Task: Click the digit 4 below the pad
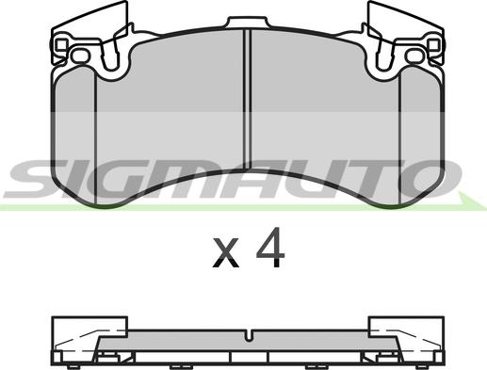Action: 270,248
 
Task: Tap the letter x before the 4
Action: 225,253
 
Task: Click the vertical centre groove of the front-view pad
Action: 248,100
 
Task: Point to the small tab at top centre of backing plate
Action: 248,23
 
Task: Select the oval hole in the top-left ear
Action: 80,56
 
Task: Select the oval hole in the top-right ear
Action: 415,56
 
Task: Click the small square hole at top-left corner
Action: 61,44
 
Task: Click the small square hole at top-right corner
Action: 433,44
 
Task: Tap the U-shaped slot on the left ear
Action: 111,55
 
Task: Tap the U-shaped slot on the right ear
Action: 384,55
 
